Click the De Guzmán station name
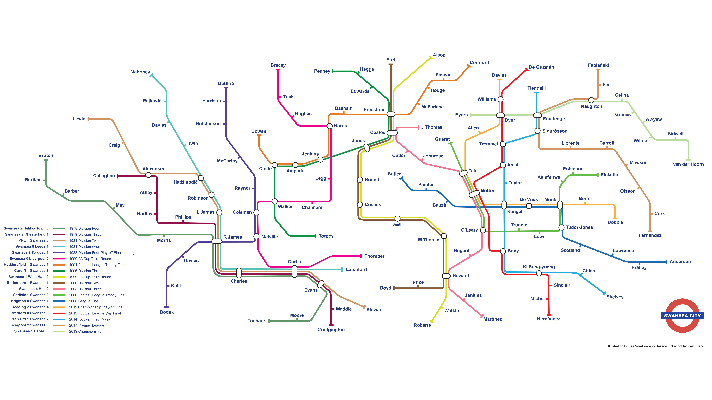tap(541, 67)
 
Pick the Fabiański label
tap(598, 65)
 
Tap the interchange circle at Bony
tap(503, 251)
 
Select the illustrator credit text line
tap(656, 346)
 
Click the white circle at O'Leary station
tap(483, 230)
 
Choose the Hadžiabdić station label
tap(185, 182)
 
